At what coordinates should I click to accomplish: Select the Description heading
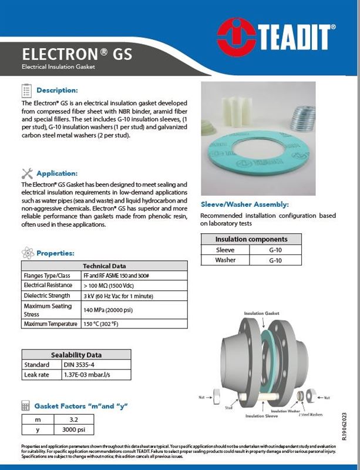pos(57,90)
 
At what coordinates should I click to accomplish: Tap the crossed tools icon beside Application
pos(26,173)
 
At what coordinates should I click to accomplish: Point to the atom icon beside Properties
pos(26,253)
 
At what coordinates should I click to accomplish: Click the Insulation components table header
pos(251,240)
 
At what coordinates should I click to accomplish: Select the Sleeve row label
pos(225,250)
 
